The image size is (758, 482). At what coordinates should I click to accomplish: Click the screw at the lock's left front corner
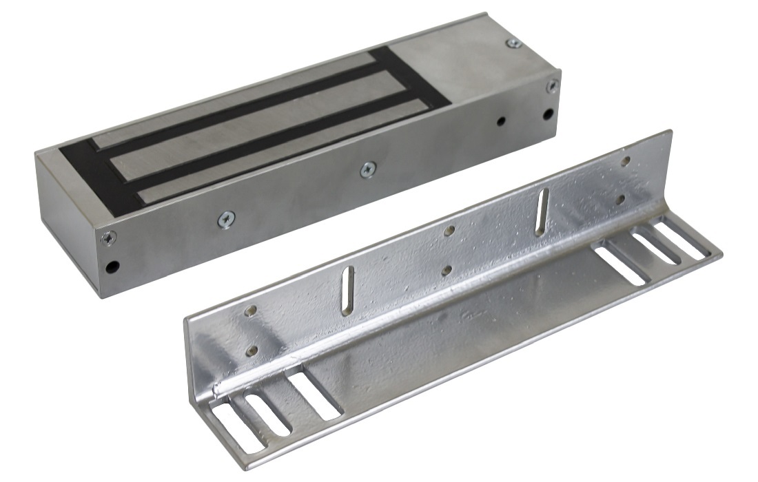tap(108, 238)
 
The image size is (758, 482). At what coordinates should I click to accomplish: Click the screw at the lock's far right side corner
tap(551, 87)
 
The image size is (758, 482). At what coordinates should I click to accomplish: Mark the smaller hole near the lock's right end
tap(501, 120)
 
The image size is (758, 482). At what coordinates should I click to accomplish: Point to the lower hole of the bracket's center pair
tap(448, 269)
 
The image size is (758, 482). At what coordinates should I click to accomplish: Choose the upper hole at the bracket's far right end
tap(625, 162)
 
